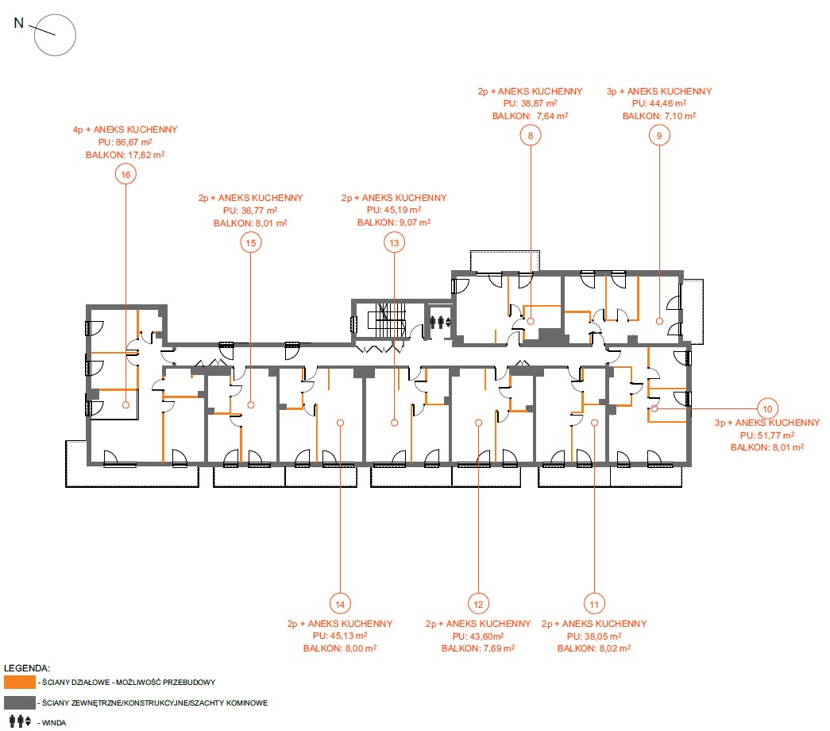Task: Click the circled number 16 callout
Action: tap(125, 174)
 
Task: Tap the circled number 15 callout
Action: tap(251, 242)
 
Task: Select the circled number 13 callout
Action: tap(395, 242)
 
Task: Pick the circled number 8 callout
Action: tap(531, 136)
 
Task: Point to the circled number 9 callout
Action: tap(659, 136)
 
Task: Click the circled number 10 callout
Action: tap(767, 408)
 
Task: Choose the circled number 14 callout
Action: tap(340, 604)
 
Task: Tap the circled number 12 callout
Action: tap(478, 604)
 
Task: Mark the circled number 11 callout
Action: tap(594, 604)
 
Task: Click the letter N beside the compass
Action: tap(19, 23)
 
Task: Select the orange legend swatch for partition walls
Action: tap(20, 682)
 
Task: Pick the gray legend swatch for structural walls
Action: tap(20, 702)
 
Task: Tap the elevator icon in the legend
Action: tap(20, 721)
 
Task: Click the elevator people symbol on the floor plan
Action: tap(440, 322)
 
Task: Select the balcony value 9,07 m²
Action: tap(415, 222)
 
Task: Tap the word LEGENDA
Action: tap(26, 668)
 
